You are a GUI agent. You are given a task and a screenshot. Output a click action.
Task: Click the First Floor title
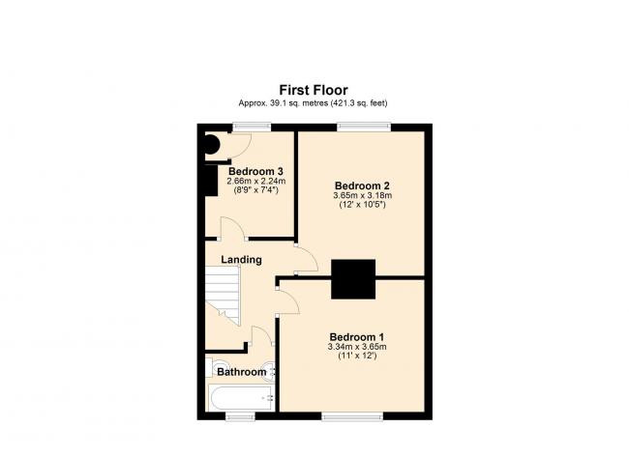coord(314,90)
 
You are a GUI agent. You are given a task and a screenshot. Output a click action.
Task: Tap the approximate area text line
coord(313,103)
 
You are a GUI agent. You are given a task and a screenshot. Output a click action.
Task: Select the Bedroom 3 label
coord(255,171)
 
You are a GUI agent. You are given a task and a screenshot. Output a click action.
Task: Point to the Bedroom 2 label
coord(362,185)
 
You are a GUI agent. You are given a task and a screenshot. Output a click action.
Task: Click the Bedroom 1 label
coord(357,337)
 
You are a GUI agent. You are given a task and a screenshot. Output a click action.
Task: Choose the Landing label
coord(242,260)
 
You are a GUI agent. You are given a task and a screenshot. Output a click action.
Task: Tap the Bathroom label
coord(242,372)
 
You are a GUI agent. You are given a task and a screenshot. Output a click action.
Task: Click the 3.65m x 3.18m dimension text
coord(362,196)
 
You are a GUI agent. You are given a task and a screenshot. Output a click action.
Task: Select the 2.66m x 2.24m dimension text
coord(256,182)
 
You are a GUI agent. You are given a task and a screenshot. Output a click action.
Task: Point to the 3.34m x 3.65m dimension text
coord(357,347)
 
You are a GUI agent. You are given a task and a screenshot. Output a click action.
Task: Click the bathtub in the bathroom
coord(242,397)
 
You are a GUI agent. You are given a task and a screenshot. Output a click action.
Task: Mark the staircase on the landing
coord(223,296)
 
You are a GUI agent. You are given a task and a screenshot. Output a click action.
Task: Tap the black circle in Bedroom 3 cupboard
coord(211,145)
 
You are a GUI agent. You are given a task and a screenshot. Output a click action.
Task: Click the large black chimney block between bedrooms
coord(353,279)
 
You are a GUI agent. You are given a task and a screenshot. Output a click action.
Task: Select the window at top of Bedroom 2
coord(364,127)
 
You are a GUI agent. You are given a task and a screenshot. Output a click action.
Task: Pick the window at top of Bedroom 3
coord(252,127)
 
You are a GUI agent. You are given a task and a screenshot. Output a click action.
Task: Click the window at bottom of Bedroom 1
coord(352,416)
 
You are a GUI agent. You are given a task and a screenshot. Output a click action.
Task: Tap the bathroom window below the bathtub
coord(240,416)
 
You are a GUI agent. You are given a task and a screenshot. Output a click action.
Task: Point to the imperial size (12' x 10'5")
coord(362,205)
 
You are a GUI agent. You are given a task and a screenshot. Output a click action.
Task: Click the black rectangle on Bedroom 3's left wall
coord(211,181)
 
